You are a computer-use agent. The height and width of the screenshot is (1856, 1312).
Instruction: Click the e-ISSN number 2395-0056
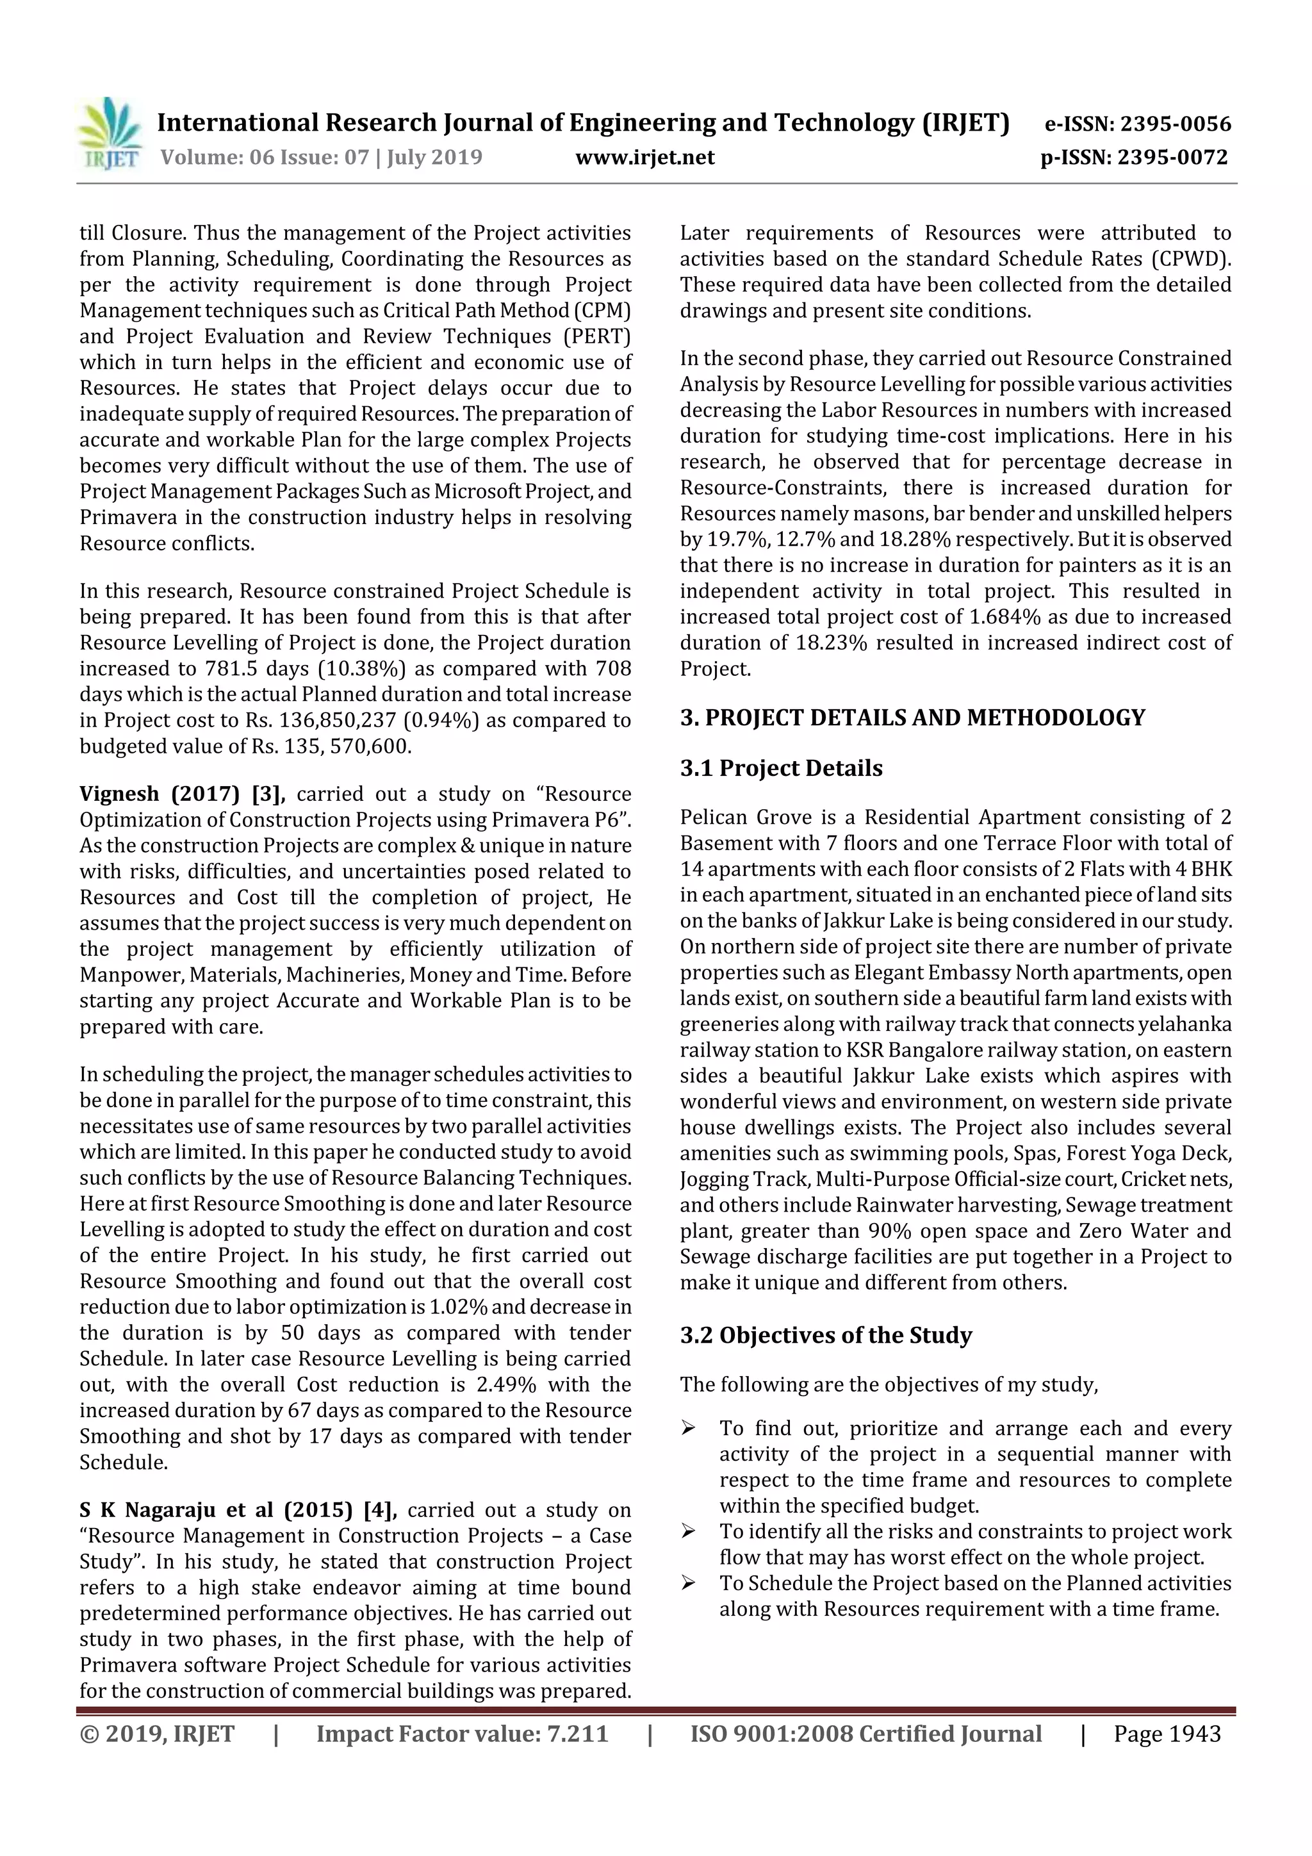[1174, 124]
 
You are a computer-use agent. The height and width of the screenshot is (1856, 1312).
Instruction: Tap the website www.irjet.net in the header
[644, 157]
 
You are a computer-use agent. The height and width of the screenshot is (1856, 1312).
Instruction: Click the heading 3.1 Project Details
[780, 768]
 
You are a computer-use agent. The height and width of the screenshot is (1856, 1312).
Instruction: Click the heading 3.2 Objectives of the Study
[824, 1335]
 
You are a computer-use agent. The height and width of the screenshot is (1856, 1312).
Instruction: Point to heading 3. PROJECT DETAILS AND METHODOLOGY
[912, 718]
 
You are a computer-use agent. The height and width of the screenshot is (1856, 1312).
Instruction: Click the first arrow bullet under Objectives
[688, 1429]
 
